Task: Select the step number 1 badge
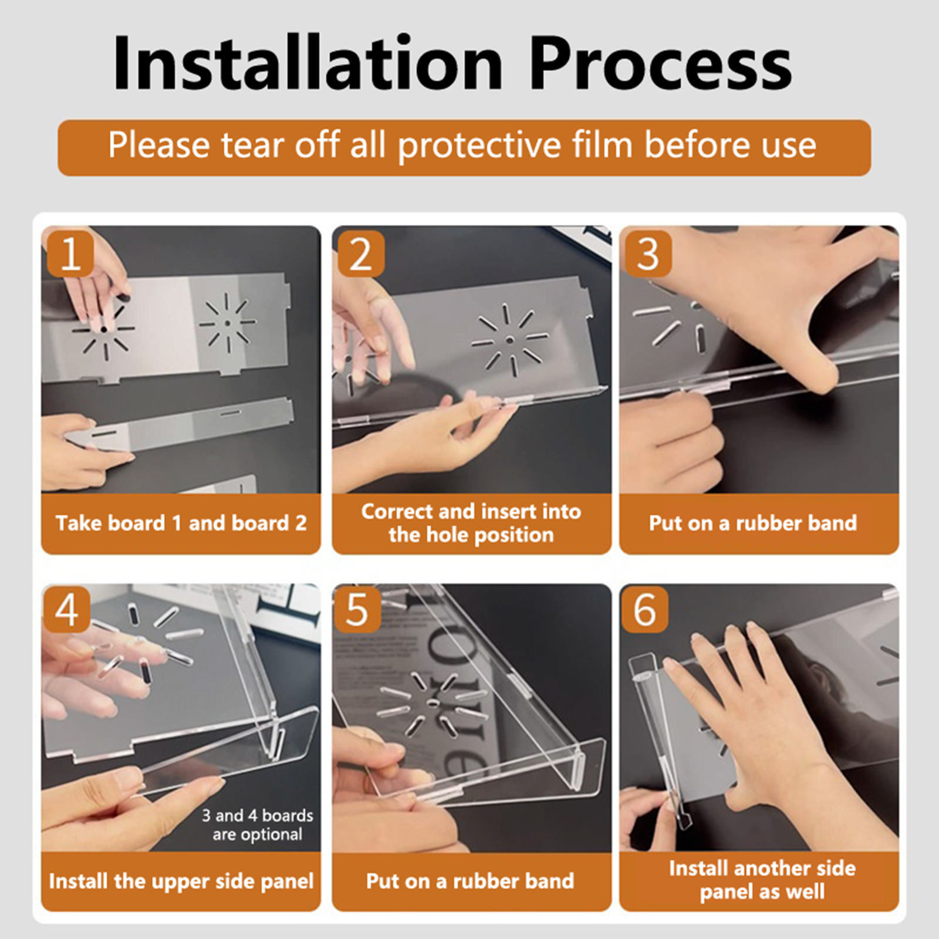(x=70, y=254)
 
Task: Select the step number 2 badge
(x=361, y=254)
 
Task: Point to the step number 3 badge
(x=648, y=254)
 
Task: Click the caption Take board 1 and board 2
(x=181, y=523)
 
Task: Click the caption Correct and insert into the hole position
(x=471, y=523)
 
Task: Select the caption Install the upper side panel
(x=181, y=881)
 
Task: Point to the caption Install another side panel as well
(x=762, y=880)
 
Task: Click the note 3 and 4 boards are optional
(x=258, y=825)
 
